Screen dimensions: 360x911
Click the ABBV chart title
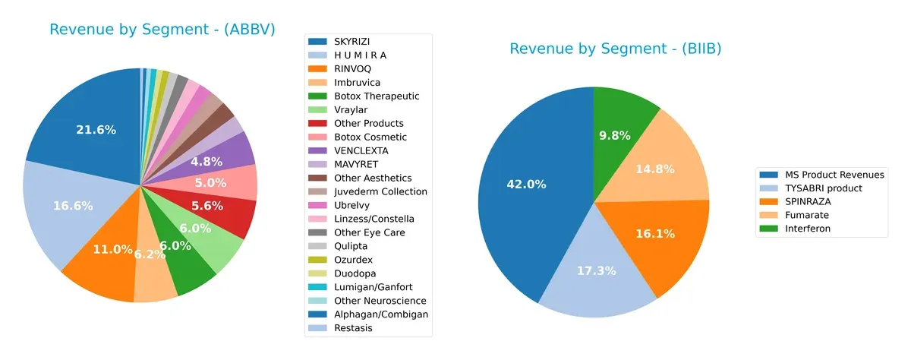coord(162,30)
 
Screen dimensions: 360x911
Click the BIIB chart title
coord(615,49)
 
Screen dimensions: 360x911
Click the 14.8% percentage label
coord(654,169)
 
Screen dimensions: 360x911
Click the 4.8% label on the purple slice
coord(206,161)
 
